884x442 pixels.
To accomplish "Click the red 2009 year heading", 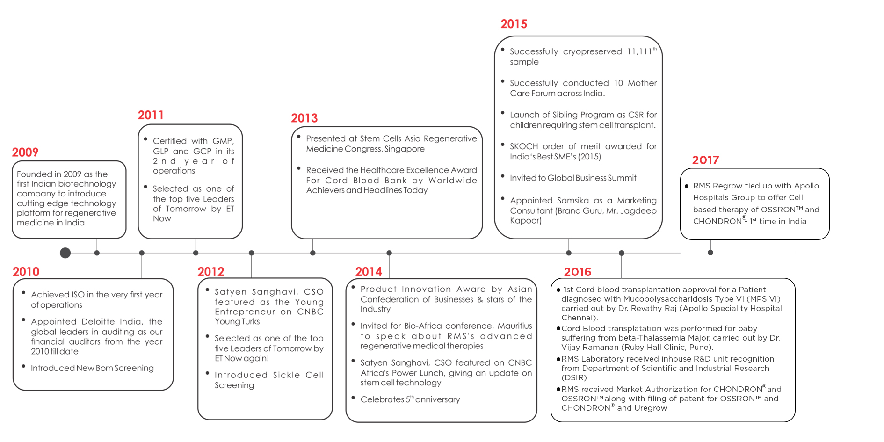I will (25, 152).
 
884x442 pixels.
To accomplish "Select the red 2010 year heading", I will (26, 272).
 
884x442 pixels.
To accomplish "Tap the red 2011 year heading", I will (151, 115).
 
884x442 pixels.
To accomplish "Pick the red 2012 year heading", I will (210, 272).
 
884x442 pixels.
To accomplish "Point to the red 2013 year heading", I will (304, 118).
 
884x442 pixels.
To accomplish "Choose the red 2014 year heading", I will (369, 272).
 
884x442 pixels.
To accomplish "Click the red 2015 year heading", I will (514, 24).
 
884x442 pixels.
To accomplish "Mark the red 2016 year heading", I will (578, 272).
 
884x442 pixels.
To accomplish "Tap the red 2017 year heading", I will (705, 160).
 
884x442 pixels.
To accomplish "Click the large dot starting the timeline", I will (65, 253).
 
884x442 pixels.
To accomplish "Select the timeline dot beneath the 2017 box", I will (710, 253).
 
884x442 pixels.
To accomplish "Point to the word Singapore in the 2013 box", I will (405, 149).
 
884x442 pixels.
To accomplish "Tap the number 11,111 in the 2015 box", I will (639, 51).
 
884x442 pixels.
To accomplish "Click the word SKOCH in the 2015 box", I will (523, 146).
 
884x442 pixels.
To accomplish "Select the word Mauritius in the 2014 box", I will (514, 326).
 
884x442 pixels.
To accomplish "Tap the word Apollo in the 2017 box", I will (806, 186).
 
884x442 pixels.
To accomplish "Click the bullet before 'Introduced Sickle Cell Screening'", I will (207, 373).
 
